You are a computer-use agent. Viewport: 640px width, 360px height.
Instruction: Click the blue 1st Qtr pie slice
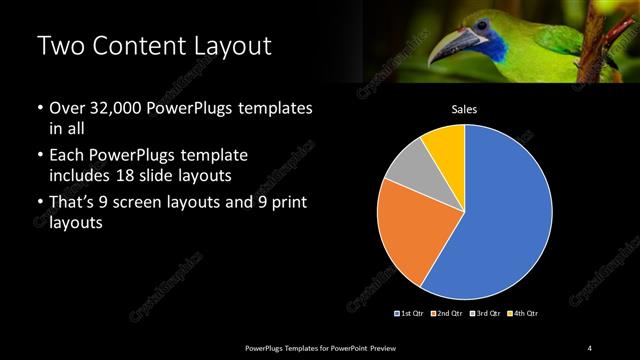505,220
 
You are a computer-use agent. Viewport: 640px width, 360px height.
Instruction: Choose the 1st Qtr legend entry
410,314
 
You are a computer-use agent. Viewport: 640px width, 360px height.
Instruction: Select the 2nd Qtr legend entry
448,314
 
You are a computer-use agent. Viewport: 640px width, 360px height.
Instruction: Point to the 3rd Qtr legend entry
485,314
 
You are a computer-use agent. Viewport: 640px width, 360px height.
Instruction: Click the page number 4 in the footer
590,347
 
